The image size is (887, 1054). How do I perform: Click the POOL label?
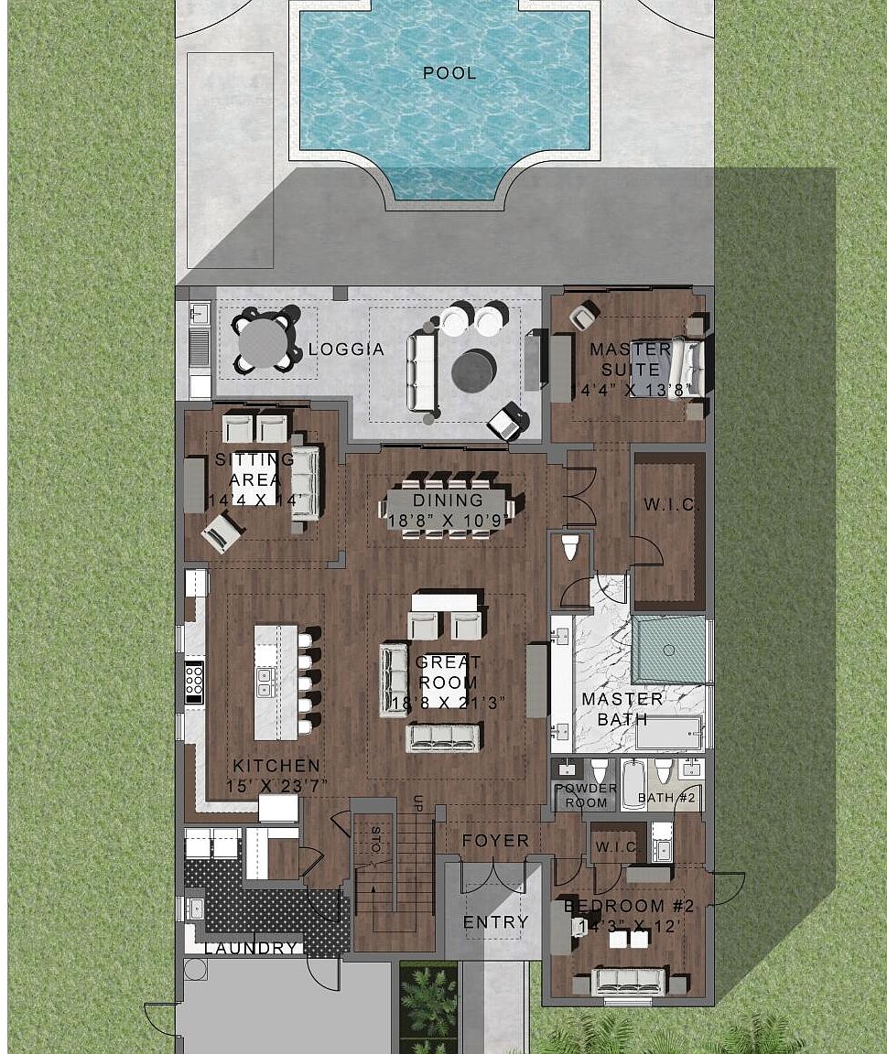click(449, 73)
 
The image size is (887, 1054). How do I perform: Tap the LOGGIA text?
click(346, 350)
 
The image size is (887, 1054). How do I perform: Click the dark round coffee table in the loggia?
click(474, 370)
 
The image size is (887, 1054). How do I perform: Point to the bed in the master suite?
click(687, 369)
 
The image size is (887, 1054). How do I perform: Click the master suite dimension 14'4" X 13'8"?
click(628, 390)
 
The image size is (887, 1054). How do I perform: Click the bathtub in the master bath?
click(669, 732)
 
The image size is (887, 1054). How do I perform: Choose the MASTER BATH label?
click(623, 709)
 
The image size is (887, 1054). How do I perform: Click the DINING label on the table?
click(448, 500)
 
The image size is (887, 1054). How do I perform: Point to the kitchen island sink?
click(265, 678)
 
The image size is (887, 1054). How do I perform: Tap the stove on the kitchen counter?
click(194, 682)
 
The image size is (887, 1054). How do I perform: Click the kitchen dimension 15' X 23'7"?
click(277, 785)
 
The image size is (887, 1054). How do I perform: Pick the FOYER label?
click(495, 840)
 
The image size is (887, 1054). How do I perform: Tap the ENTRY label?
click(495, 921)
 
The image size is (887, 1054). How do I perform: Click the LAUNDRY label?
click(251, 949)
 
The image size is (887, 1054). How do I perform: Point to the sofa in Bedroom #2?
click(629, 980)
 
